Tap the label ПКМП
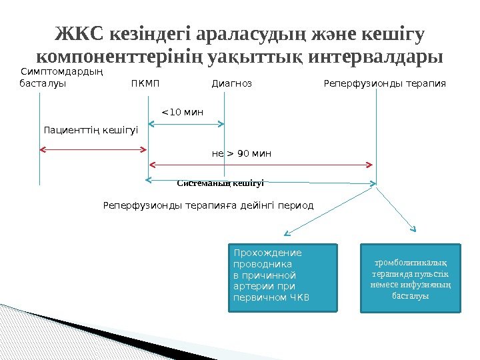(147, 84)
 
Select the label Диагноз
(232, 84)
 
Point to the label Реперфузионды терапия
(385, 84)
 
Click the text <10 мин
(183, 111)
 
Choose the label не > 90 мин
(241, 154)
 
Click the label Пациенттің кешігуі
(91, 129)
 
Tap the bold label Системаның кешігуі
(221, 183)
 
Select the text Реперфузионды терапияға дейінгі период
(208, 205)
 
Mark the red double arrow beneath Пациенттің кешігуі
(93, 149)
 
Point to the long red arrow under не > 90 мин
(260, 164)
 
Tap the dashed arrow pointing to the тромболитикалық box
(396, 209)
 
